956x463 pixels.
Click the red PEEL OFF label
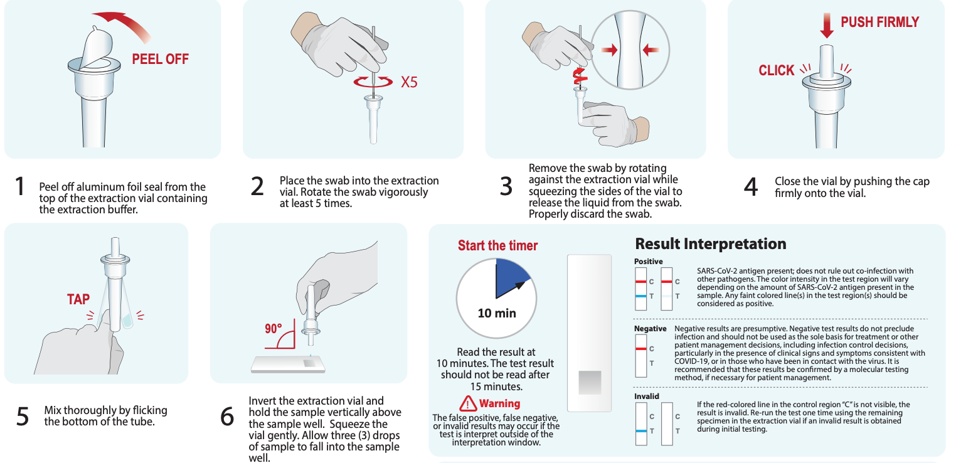(x=160, y=60)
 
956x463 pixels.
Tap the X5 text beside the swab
(x=408, y=82)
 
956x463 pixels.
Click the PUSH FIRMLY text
(x=879, y=23)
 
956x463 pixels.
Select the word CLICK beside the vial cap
(x=777, y=70)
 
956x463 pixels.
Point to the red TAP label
(x=78, y=299)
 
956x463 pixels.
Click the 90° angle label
(x=273, y=328)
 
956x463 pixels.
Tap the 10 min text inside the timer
(x=497, y=312)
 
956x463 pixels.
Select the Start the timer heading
(x=497, y=245)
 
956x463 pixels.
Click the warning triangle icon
(x=468, y=403)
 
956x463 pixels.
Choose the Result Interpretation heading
(x=711, y=243)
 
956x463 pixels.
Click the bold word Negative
(x=650, y=329)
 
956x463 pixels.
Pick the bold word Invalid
(x=646, y=396)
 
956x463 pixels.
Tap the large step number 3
(x=506, y=187)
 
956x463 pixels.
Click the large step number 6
(x=227, y=417)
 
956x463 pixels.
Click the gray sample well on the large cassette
(x=589, y=382)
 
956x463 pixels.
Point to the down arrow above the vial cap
(x=827, y=25)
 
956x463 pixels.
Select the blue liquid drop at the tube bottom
(x=128, y=321)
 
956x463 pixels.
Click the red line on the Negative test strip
(x=640, y=348)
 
